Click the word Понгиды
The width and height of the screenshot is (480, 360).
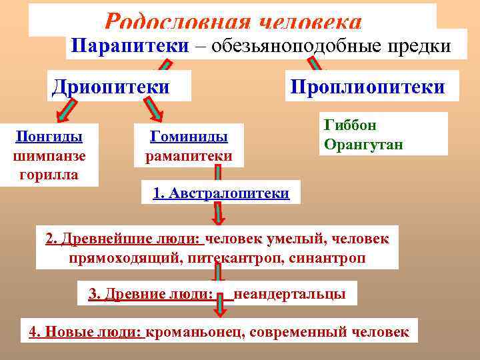click(x=49, y=137)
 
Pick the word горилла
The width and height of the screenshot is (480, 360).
click(x=49, y=175)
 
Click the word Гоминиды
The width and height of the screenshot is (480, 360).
click(x=189, y=137)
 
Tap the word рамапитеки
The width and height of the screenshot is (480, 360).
click(x=189, y=156)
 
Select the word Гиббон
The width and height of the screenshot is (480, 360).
click(x=350, y=125)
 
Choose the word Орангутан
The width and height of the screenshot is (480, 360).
click(x=363, y=144)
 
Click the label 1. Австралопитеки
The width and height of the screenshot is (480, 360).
click(x=221, y=193)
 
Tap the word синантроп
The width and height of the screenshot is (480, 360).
click(x=327, y=257)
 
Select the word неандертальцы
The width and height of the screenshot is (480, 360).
click(x=289, y=293)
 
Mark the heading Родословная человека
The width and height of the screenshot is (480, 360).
click(x=233, y=22)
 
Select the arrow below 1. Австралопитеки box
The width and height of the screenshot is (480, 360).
click(x=218, y=214)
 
